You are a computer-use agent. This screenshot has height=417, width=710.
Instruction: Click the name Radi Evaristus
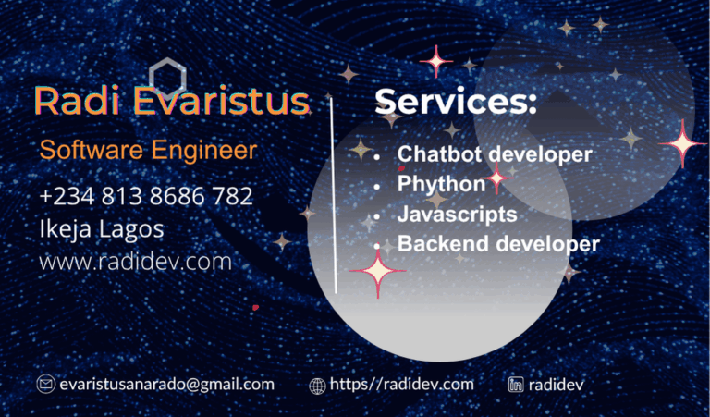(172, 101)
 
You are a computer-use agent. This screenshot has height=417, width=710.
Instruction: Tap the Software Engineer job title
(149, 150)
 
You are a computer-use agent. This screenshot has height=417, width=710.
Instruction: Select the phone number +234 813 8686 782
(146, 196)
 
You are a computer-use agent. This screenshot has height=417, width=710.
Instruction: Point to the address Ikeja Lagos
(102, 228)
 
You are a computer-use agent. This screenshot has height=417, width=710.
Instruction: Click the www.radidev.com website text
(135, 262)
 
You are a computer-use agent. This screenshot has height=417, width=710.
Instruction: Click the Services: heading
(456, 101)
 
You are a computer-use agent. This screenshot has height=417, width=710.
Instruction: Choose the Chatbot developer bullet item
(495, 153)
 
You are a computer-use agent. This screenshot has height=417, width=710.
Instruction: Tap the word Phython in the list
(441, 184)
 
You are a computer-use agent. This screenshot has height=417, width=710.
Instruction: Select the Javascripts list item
(457, 214)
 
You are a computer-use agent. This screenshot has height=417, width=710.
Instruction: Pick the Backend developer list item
(498, 243)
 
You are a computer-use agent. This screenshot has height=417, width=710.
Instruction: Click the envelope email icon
(45, 385)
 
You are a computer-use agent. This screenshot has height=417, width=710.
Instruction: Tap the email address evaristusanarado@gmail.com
(167, 385)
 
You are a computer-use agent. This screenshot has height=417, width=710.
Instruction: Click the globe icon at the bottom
(317, 386)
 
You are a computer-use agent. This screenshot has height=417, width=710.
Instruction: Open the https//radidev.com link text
(401, 385)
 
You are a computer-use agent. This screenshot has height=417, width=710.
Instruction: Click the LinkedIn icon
(516, 385)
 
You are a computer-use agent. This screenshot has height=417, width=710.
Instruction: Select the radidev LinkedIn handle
(556, 385)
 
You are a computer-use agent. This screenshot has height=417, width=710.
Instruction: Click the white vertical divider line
(334, 195)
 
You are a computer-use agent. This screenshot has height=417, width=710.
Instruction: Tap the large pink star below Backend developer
(377, 272)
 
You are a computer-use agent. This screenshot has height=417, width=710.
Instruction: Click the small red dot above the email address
(255, 308)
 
